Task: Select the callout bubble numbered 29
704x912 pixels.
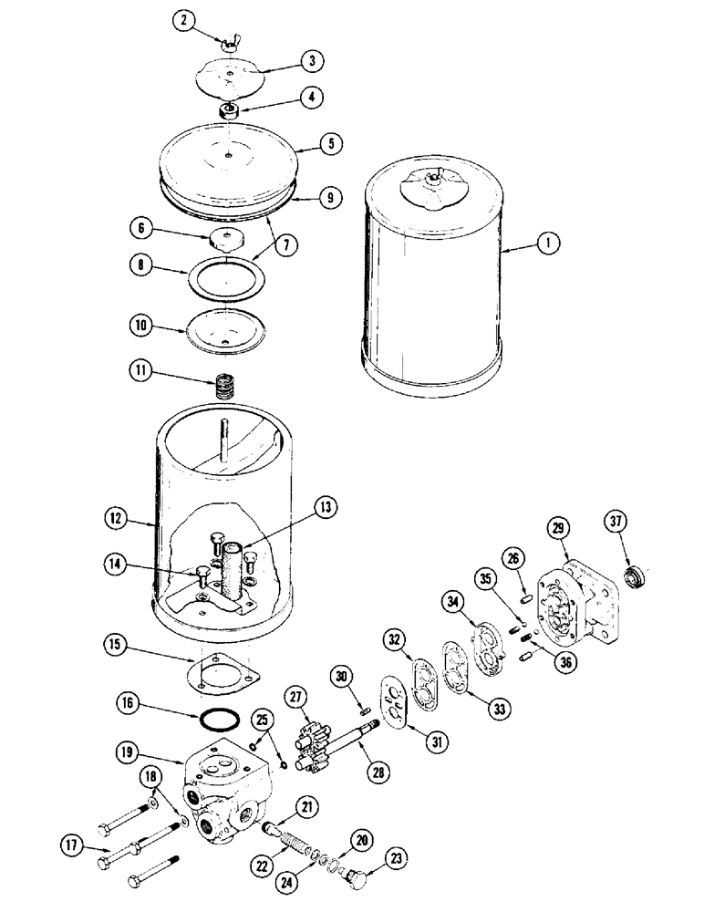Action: click(x=556, y=527)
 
